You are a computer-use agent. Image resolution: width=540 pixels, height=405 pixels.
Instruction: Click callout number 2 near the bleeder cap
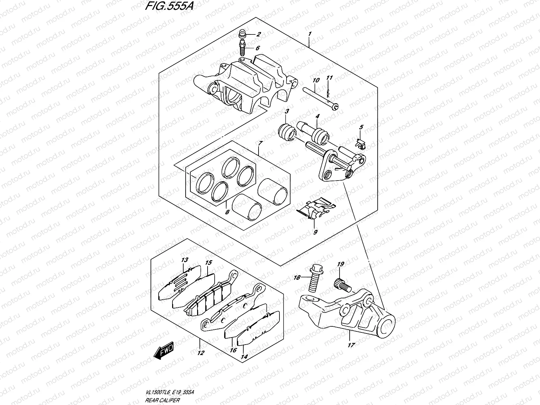(259, 34)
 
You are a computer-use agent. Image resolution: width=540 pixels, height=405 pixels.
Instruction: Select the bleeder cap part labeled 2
(242, 33)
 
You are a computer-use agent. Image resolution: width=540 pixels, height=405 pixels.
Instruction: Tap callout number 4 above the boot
(317, 116)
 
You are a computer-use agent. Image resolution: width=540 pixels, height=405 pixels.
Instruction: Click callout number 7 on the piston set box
(260, 143)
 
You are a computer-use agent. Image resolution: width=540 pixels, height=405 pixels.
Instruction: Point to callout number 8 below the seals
(227, 212)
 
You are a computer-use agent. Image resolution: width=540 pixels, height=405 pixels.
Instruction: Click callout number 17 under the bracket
(351, 345)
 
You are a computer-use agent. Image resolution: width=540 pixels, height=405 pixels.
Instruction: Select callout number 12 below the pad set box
(200, 353)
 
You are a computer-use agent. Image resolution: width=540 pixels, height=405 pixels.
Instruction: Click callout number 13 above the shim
(184, 260)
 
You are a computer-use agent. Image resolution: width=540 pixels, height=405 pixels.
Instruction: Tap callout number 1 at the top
(309, 34)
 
